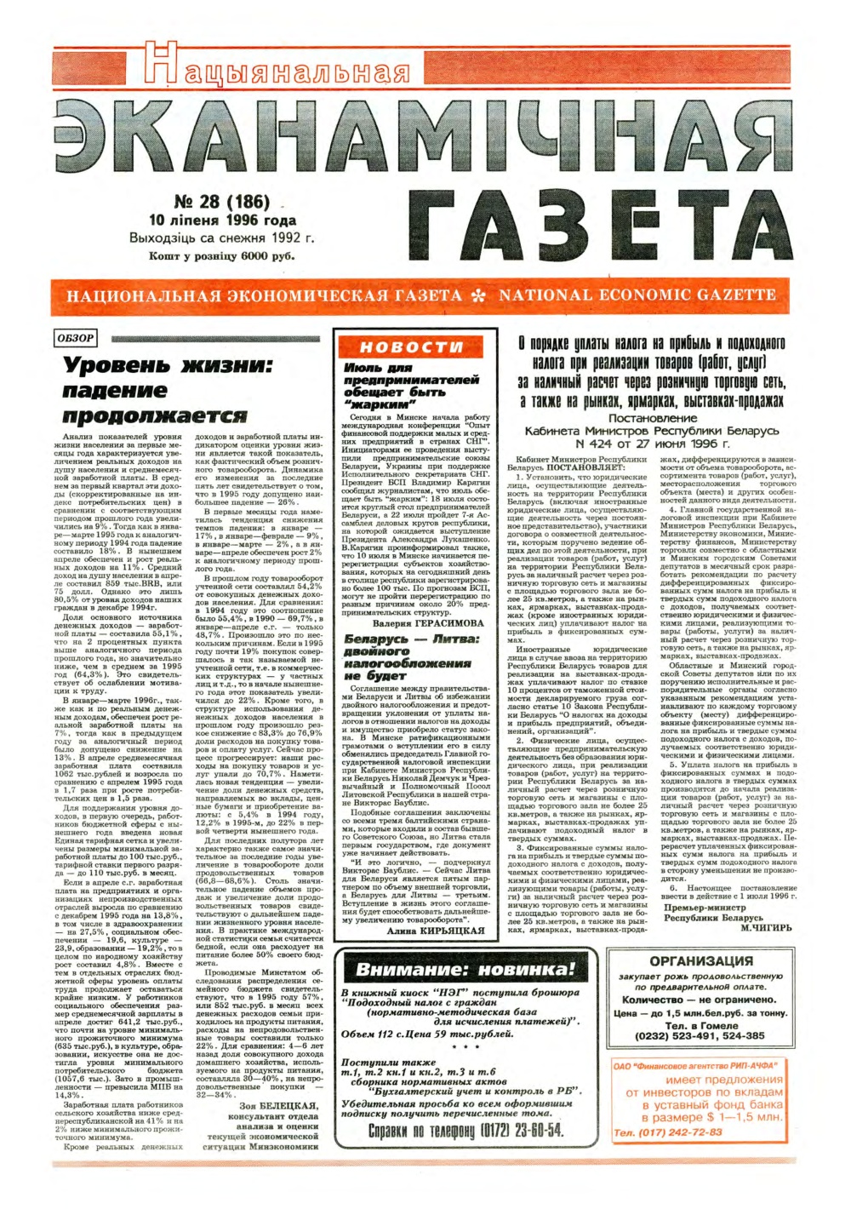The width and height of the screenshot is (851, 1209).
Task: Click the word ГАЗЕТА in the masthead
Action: (x=607, y=224)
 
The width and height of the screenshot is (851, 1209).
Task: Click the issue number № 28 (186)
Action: (x=221, y=202)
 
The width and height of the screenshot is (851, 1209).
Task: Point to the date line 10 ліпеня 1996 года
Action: (x=222, y=220)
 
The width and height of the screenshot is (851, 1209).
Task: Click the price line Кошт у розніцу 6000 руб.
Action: (x=221, y=255)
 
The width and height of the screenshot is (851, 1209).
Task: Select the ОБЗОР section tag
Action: (x=75, y=338)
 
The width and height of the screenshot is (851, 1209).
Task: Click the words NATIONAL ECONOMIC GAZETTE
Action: (x=637, y=295)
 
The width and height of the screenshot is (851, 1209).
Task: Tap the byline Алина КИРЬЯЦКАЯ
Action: (x=435, y=931)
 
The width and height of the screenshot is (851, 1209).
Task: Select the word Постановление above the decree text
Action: (x=653, y=418)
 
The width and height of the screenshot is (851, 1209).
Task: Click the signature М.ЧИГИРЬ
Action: (x=766, y=928)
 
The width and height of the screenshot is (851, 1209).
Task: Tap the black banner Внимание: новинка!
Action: (x=465, y=970)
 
